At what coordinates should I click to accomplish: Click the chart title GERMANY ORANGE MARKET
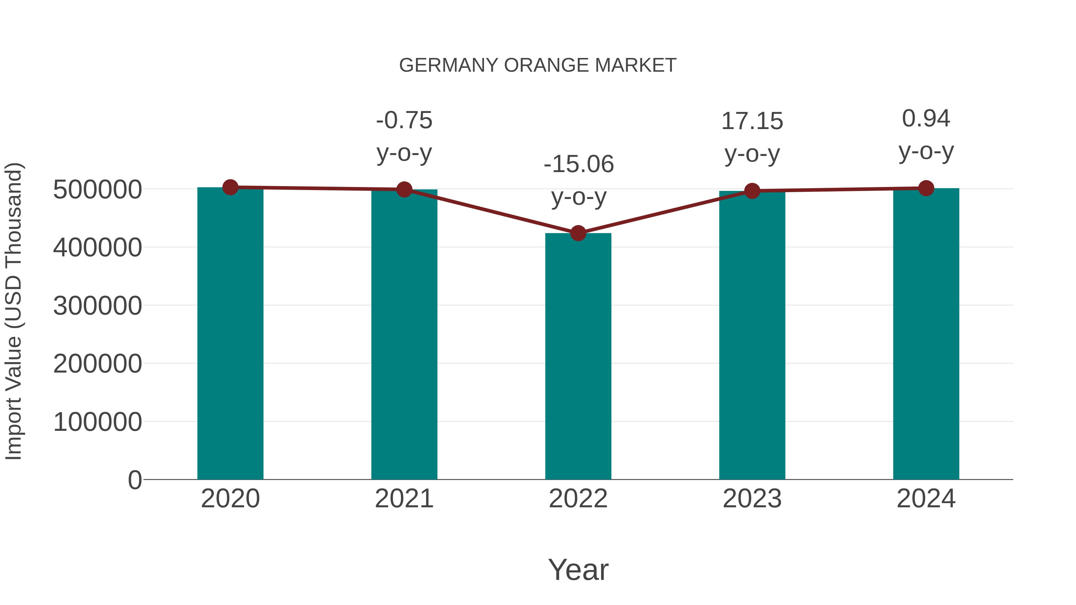(538, 65)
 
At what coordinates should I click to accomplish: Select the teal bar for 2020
(230, 334)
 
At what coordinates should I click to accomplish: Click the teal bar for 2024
(926, 334)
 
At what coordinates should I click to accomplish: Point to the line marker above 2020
(230, 187)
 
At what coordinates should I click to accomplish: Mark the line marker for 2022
(578, 233)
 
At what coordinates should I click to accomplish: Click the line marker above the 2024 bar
(926, 188)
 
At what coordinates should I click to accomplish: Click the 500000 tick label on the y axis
(97, 189)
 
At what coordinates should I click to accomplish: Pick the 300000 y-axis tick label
(97, 306)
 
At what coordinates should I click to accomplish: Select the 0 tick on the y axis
(134, 480)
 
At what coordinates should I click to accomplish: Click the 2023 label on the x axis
(752, 499)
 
